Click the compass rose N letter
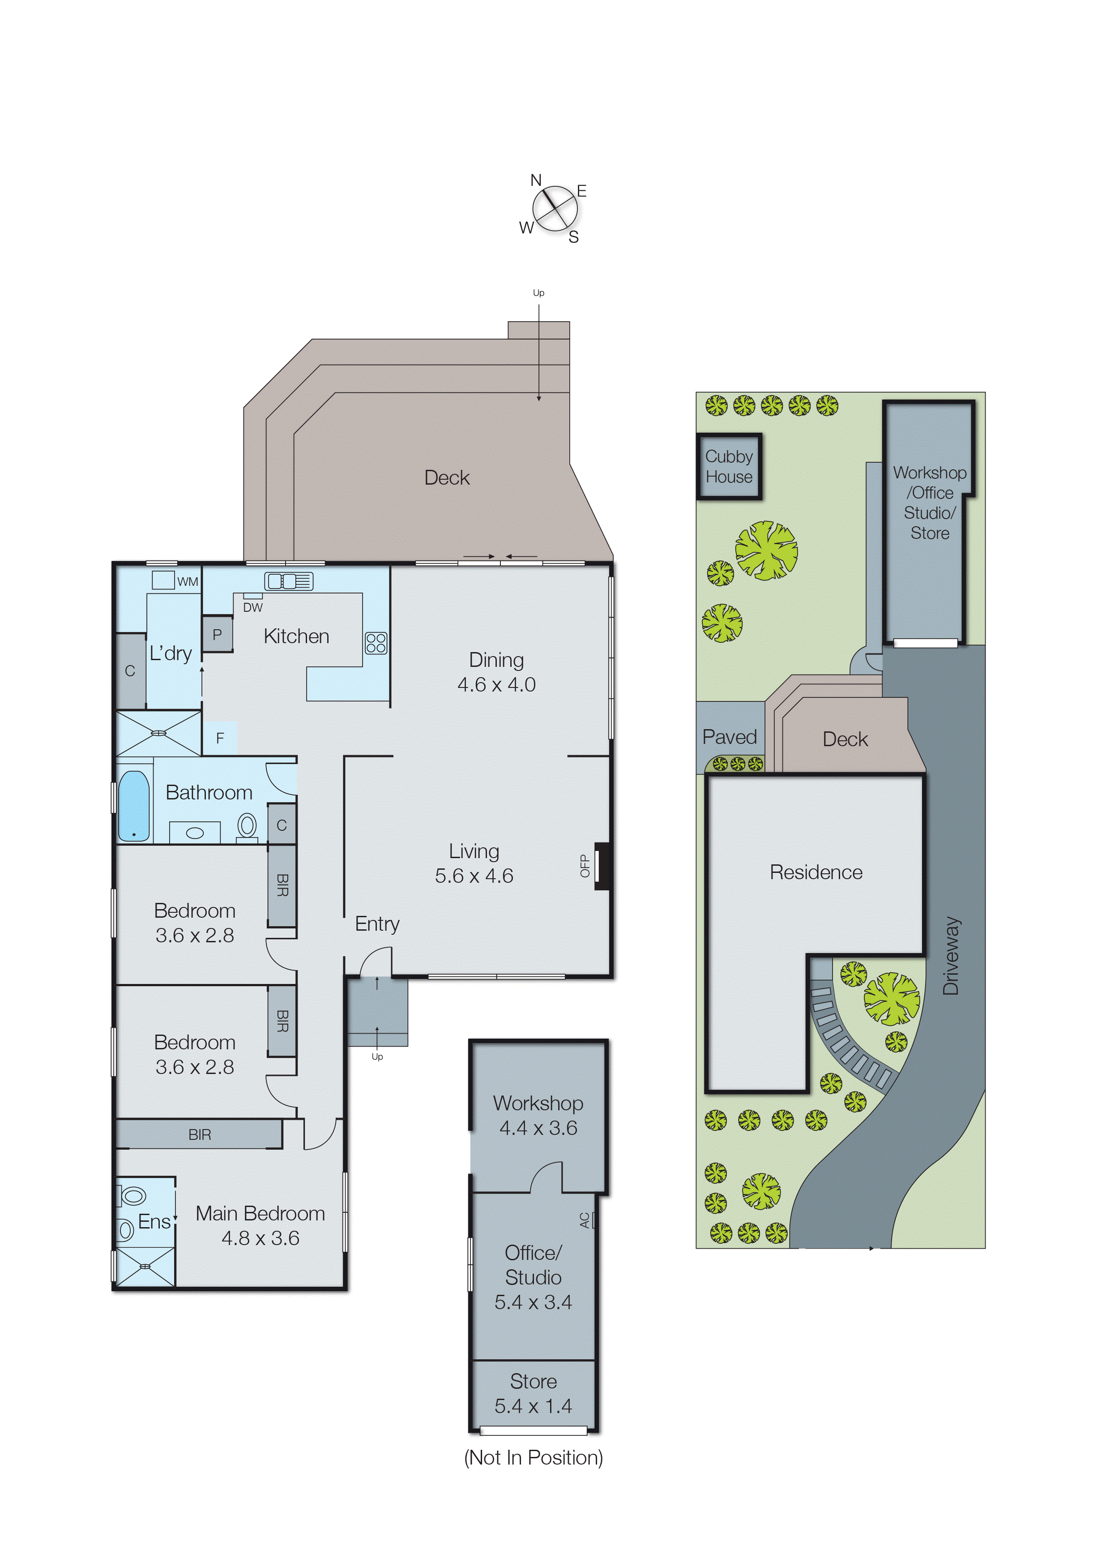pos(536,180)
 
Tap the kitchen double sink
pos(288,581)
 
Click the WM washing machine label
pos(187,582)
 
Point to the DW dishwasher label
pos(253,607)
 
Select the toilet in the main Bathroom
pos(247,826)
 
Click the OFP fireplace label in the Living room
pos(585,866)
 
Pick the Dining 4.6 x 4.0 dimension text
pos(496,684)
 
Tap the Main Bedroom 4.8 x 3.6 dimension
pos(260,1238)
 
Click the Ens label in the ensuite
pos(154,1222)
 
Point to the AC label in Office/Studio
pos(585,1220)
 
